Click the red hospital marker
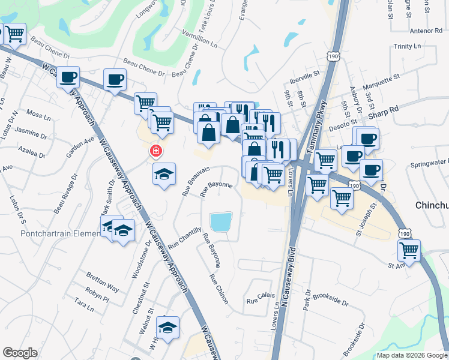(155, 151)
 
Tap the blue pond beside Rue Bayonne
(220, 222)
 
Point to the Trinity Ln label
(408, 46)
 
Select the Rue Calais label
(261, 295)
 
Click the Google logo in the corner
(20, 353)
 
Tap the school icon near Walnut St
(168, 328)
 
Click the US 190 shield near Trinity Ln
(333, 56)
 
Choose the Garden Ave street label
(80, 146)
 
